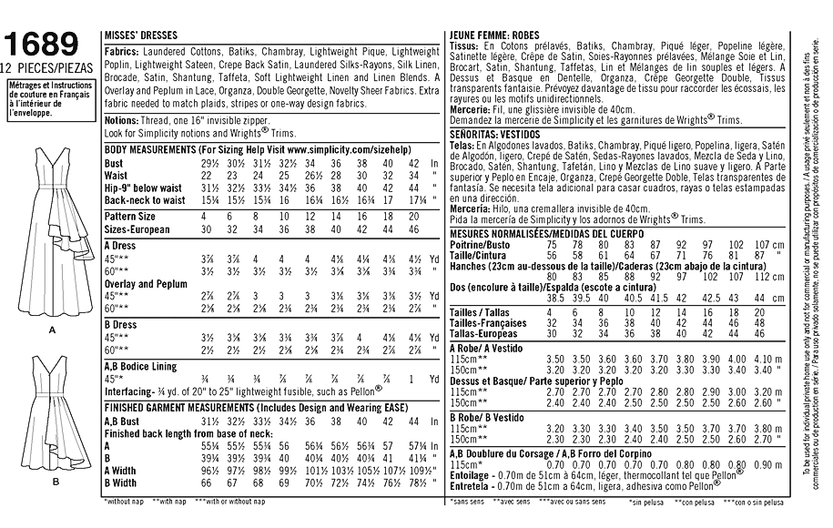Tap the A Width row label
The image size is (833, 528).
122,471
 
